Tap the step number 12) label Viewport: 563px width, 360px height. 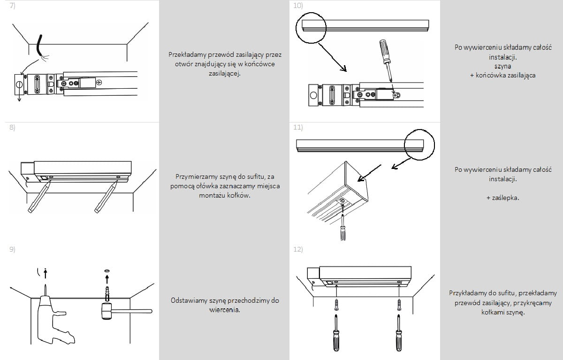pos(298,249)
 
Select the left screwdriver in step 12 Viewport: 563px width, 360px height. pos(336,329)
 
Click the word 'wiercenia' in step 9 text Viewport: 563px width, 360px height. pos(225,310)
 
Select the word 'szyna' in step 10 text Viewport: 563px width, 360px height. pos(503,66)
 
